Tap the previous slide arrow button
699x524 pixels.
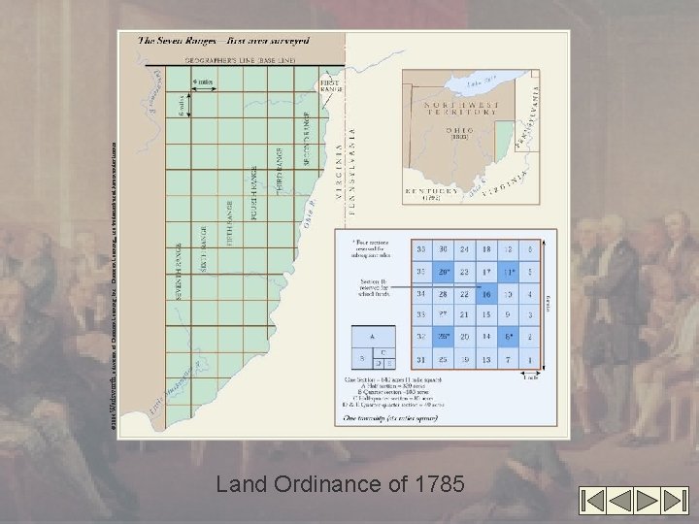coord(622,501)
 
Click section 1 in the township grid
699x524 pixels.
coord(530,360)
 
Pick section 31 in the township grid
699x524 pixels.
coord(419,360)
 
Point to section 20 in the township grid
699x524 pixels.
coord(465,338)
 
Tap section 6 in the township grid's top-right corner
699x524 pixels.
coord(530,248)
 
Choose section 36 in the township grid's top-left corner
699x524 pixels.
coord(419,248)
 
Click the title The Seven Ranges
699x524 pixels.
coord(223,41)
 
